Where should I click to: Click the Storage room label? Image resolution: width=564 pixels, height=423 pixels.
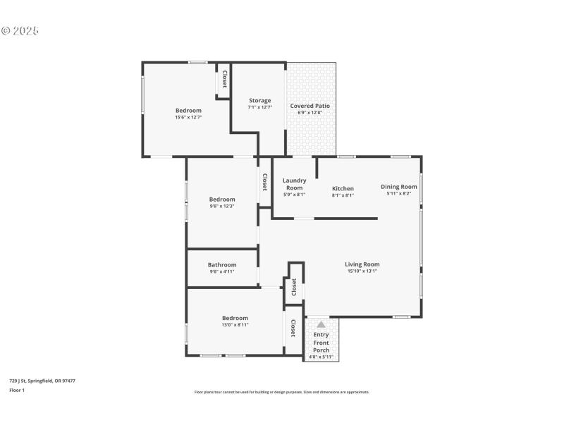tap(259, 100)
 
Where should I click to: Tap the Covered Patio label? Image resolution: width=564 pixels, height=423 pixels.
tap(309, 106)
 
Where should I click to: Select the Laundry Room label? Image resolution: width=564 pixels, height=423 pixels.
tap(294, 184)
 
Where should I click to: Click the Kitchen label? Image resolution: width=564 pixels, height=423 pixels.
tap(343, 188)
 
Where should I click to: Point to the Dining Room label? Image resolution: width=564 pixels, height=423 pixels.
tap(399, 187)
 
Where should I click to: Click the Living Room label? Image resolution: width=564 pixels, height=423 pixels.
tap(362, 264)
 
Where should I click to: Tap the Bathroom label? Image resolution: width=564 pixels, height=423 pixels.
tap(222, 265)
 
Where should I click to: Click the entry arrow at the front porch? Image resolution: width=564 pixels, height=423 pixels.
tap(321, 324)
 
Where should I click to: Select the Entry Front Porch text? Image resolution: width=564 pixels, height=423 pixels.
tap(321, 343)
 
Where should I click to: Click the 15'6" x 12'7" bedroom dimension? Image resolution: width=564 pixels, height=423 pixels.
tap(188, 117)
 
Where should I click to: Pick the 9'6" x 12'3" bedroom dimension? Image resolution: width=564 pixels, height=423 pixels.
tap(221, 206)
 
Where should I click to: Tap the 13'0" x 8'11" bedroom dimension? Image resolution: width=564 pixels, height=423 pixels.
tap(235, 325)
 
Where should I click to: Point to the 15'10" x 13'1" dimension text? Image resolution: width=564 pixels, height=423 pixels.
tap(362, 271)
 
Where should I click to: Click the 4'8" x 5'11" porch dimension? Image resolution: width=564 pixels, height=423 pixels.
tap(321, 357)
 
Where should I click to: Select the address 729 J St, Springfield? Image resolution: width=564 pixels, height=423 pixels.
tap(42, 381)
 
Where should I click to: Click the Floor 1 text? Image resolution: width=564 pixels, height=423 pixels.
tap(17, 390)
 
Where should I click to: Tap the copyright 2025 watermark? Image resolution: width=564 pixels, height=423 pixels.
tap(20, 31)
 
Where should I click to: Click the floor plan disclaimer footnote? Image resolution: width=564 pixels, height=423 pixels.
tap(281, 392)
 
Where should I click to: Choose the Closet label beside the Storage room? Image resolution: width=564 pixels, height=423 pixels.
tap(224, 79)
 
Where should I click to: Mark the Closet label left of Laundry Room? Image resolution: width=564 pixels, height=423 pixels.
tap(265, 183)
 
